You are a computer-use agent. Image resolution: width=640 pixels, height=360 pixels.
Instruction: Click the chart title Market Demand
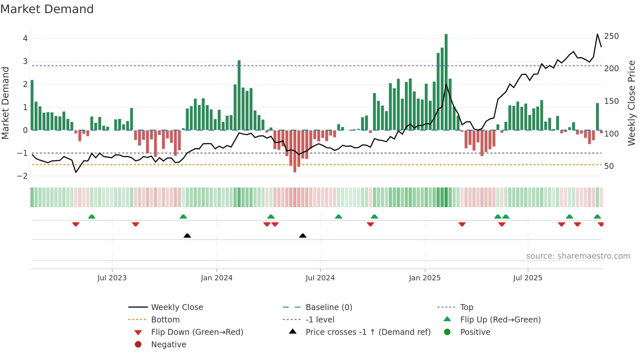pos(47,9)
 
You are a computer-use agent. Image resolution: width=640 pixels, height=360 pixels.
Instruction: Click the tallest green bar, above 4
pos(446,82)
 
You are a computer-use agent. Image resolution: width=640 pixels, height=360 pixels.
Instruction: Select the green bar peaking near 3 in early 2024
pos(239,95)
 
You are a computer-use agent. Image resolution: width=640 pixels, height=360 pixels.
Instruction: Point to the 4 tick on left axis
pos(25,39)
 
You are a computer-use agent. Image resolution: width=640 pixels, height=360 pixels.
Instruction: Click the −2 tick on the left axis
pos(23,176)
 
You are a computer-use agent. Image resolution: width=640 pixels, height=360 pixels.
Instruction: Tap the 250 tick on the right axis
pos(611,36)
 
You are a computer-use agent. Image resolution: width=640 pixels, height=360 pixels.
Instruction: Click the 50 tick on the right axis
pos(609,166)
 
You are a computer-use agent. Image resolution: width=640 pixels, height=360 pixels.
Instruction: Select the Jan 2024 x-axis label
pos(216,278)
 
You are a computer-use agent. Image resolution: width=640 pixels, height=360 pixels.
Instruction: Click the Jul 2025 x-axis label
pos(527,278)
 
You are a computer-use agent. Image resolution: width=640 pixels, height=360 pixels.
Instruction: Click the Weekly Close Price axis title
pos(632,103)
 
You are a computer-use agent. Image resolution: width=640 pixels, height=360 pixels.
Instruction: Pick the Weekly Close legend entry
pos(177,307)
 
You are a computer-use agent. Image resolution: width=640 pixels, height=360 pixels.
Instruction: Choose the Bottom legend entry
pos(165,320)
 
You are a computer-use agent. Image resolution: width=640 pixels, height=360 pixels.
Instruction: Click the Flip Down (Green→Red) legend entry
pos(197,332)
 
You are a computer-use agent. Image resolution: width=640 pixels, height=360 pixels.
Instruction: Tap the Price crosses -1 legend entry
pos(368,332)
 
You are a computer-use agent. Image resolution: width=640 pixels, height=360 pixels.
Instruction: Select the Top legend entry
pos(466,307)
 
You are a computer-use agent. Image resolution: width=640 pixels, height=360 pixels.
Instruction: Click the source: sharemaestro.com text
pos(578,256)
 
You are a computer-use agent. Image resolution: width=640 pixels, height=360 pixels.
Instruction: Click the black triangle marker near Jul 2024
pos(303,236)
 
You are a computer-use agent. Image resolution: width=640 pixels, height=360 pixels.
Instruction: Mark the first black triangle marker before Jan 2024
pos(187,236)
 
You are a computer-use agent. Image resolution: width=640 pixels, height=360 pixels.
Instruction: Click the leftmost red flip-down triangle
pos(76,224)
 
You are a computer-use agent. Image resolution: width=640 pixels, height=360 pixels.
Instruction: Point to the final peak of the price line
pos(598,34)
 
